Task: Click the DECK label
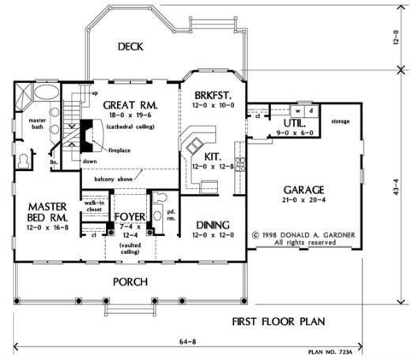[130, 47]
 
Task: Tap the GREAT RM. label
[130, 105]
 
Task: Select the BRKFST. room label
[213, 95]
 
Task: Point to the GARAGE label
[304, 190]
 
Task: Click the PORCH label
[130, 282]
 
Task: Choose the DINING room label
[213, 225]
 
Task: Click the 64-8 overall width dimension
[188, 342]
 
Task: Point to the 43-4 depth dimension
[396, 188]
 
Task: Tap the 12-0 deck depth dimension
[396, 37]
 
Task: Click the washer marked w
[298, 111]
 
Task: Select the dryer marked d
[311, 111]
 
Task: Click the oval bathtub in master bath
[47, 92]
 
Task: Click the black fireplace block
[86, 136]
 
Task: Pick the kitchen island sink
[194, 146]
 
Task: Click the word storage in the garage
[341, 122]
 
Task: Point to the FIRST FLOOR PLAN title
[278, 321]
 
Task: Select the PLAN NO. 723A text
[330, 352]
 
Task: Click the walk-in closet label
[94, 206]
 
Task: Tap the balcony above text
[113, 180]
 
